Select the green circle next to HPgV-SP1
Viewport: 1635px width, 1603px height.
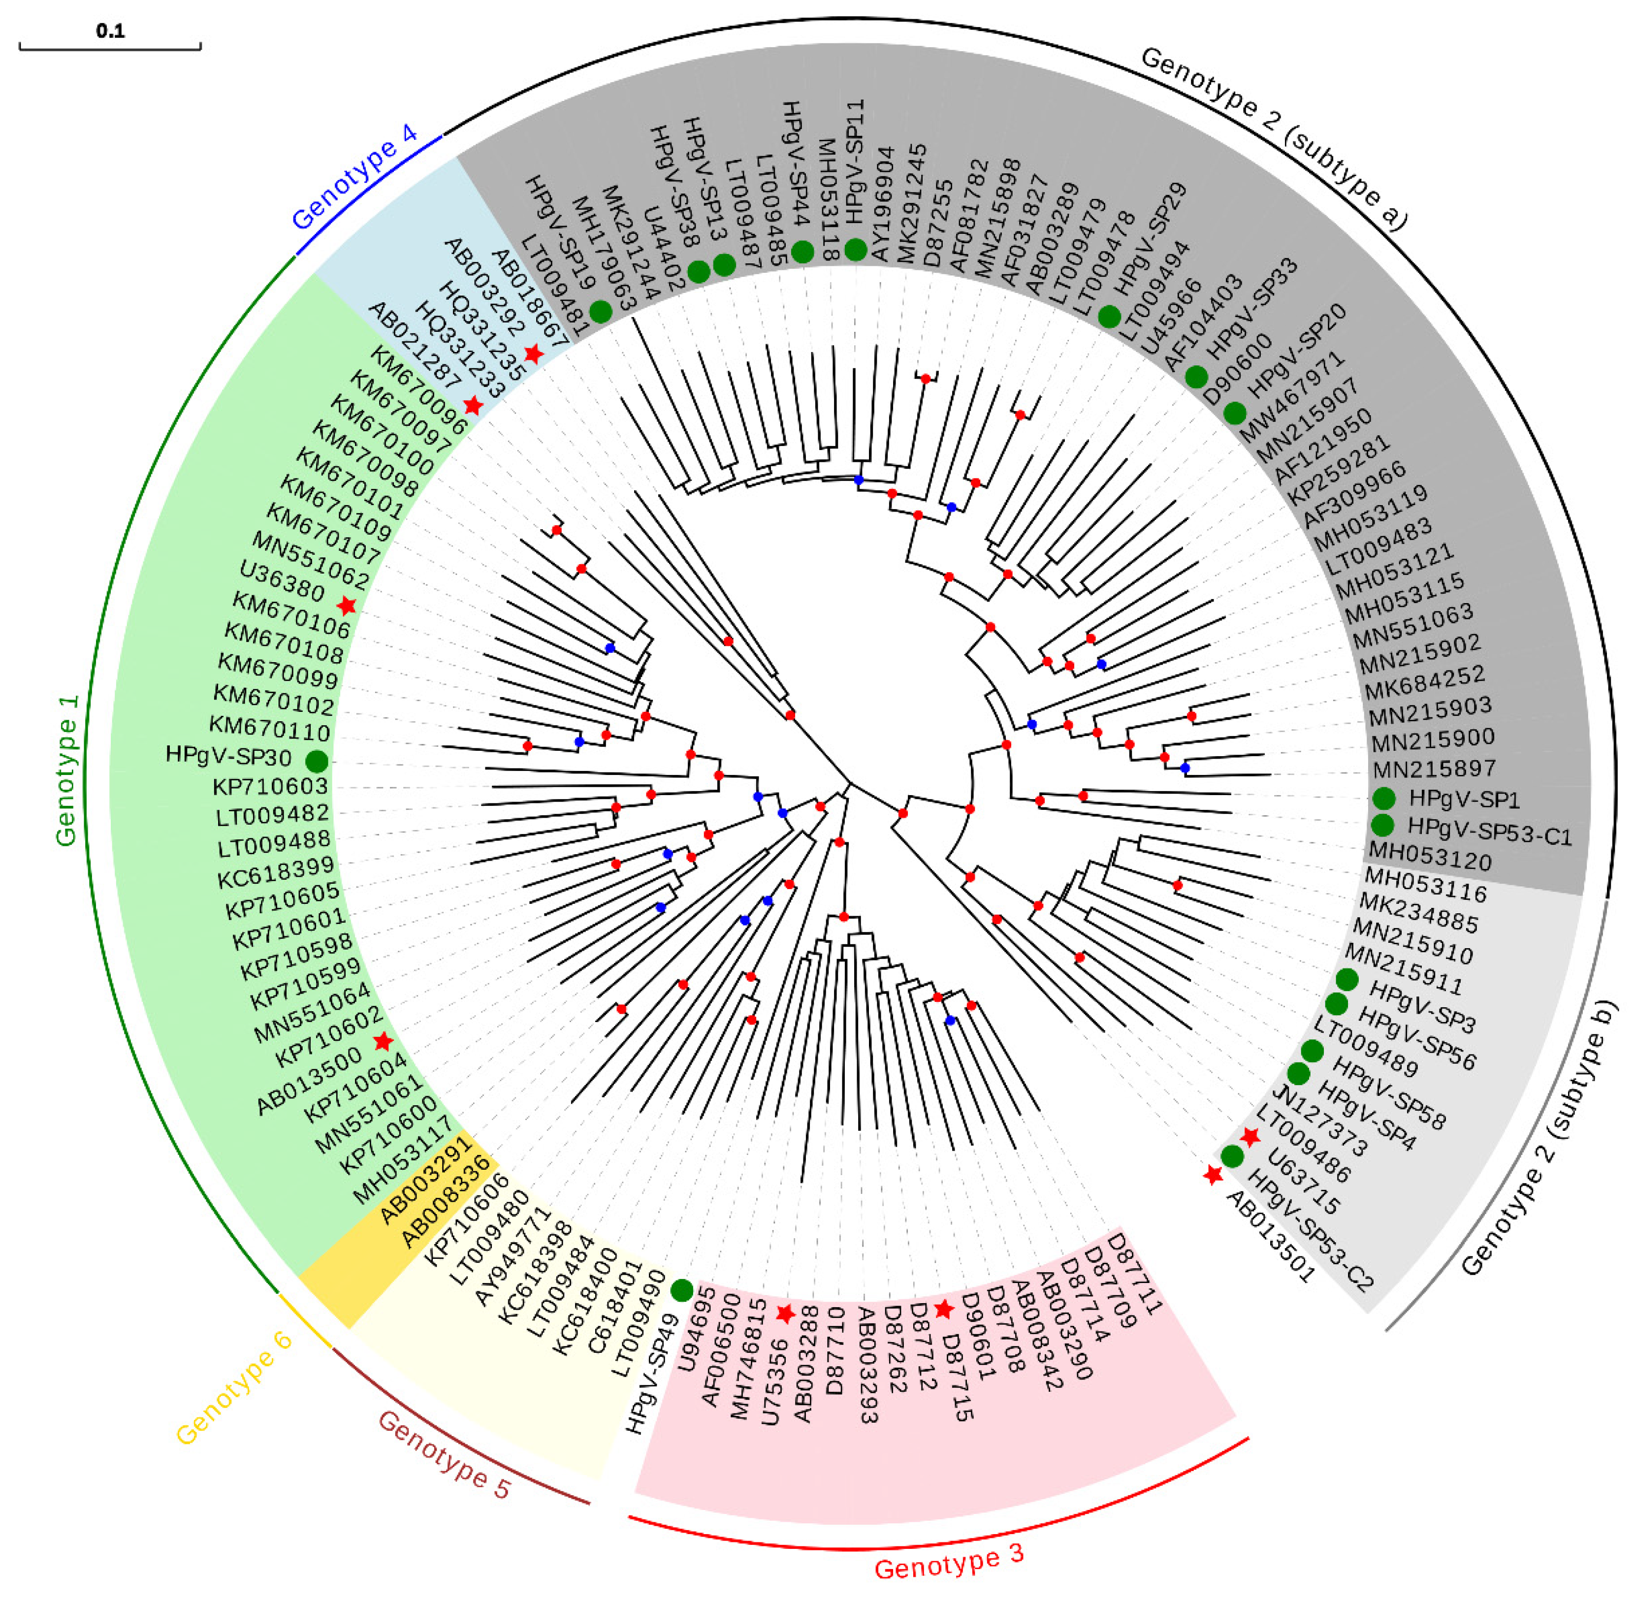pos(1383,798)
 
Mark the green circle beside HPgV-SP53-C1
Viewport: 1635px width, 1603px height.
pos(1382,824)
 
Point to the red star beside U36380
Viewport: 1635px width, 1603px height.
pos(346,606)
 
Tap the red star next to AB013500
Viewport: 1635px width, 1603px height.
pos(383,1041)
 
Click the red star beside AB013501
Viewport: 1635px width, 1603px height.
pos(1213,1175)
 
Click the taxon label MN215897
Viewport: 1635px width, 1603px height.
pos(1433,769)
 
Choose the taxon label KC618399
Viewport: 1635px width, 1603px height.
pos(275,871)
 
